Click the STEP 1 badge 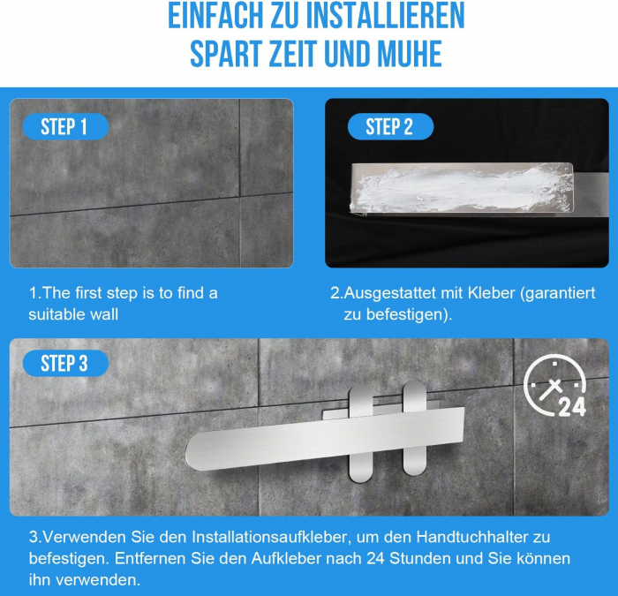point(65,126)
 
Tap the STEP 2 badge point(390,126)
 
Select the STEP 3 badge point(65,363)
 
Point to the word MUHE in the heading point(410,54)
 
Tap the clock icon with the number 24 point(555,386)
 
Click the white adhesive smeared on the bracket point(461,187)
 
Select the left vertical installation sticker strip point(360,434)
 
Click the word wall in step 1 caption point(104,314)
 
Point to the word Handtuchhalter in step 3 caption point(472,537)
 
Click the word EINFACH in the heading point(215,16)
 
